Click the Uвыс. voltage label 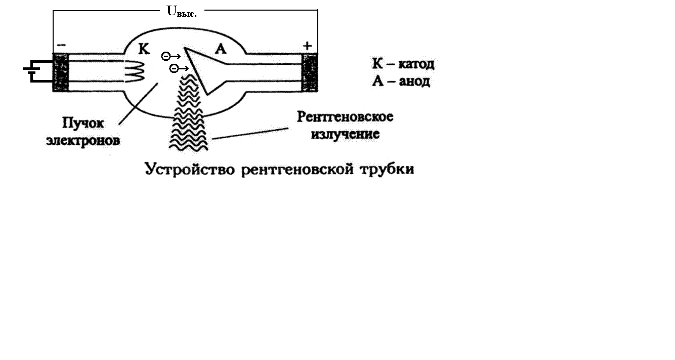[x=182, y=11]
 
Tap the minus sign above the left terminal [x=61, y=45]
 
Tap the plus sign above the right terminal [x=307, y=46]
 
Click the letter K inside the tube [x=144, y=49]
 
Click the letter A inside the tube [x=221, y=49]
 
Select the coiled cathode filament [x=135, y=71]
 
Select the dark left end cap [x=61, y=72]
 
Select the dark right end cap [x=309, y=72]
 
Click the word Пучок [x=83, y=123]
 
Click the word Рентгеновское [x=345, y=117]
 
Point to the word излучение [x=345, y=135]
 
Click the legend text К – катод [x=403, y=64]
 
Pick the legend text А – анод [x=401, y=81]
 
